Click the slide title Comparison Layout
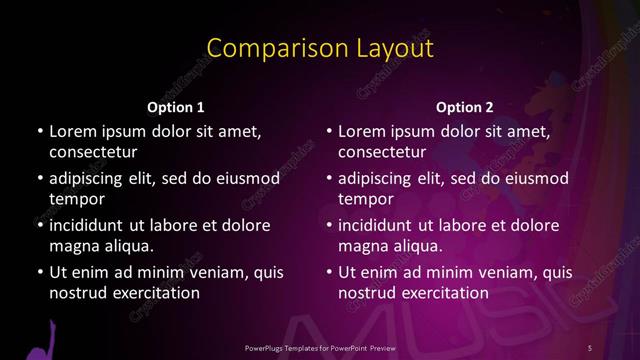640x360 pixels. coord(319,48)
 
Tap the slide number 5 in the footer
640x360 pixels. coord(590,346)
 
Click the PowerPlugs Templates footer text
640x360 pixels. coord(319,346)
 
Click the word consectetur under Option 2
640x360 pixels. coord(383,153)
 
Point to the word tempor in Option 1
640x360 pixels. coord(73,200)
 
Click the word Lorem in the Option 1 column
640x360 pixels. coord(72,131)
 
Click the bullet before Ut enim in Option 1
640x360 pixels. coord(39,272)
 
